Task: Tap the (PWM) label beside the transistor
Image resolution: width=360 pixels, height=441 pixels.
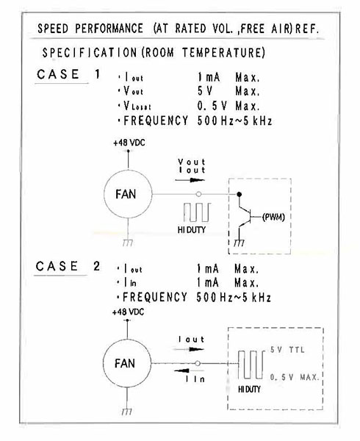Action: click(x=273, y=217)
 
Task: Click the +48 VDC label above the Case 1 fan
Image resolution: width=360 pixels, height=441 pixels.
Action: click(x=129, y=143)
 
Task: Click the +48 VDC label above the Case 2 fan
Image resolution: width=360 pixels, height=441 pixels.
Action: click(x=128, y=312)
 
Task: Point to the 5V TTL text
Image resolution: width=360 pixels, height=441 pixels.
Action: click(x=287, y=350)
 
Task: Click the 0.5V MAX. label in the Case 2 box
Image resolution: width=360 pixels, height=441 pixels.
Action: click(x=295, y=377)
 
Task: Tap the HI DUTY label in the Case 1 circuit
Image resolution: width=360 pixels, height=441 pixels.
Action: click(x=191, y=230)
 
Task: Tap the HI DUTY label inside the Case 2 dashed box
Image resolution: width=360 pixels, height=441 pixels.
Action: click(x=249, y=390)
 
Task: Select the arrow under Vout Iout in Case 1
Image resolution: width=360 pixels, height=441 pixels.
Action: click(x=190, y=180)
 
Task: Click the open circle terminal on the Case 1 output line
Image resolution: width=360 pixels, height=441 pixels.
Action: click(x=198, y=194)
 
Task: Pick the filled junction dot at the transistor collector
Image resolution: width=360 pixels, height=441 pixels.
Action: click(x=240, y=194)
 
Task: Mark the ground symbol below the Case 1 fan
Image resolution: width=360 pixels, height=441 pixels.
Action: click(x=128, y=243)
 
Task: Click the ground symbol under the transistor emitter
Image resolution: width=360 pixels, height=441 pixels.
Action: click(x=240, y=243)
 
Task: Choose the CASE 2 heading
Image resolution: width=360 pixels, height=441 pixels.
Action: click(x=68, y=266)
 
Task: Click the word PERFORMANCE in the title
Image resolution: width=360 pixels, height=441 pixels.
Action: click(x=109, y=29)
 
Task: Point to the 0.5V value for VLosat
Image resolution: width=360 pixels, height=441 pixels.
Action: click(x=212, y=106)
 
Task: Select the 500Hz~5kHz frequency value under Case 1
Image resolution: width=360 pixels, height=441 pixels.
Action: click(x=234, y=121)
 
